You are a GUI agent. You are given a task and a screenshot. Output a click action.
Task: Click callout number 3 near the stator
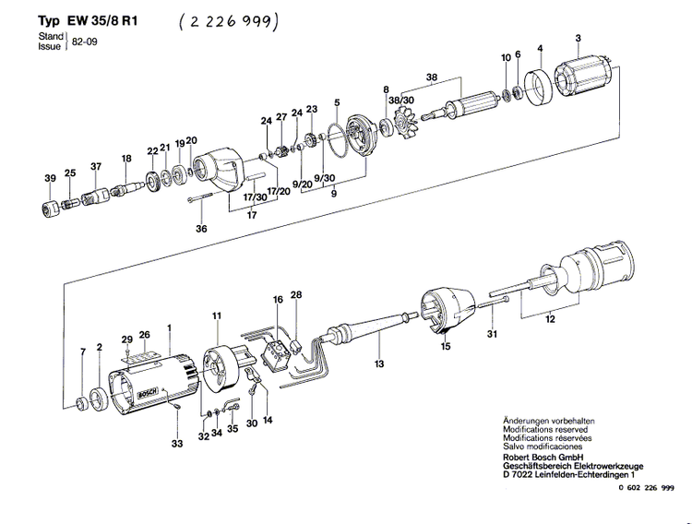point(578,38)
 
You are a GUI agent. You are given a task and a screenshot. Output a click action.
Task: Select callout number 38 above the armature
point(431,77)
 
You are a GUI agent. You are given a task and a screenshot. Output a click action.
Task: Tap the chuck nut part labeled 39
point(51,209)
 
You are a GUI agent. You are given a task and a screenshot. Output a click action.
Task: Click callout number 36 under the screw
point(201,229)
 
